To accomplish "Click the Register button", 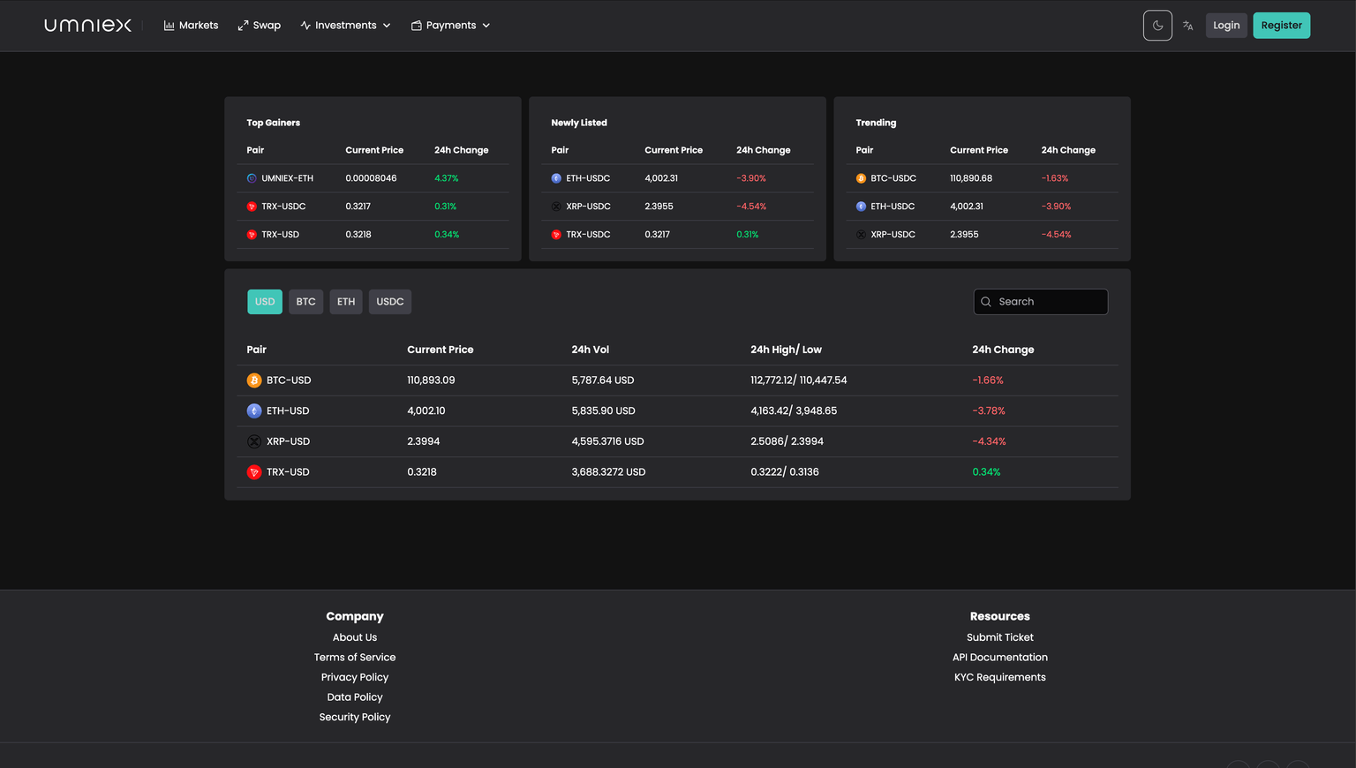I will [x=1281, y=26].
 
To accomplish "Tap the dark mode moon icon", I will [x=1157, y=26].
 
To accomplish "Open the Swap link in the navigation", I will [x=260, y=26].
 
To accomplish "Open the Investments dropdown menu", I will [x=345, y=26].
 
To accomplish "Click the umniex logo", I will [x=88, y=26].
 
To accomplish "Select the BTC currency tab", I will [x=305, y=302].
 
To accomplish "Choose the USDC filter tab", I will [x=389, y=302].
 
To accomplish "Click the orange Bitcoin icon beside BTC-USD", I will [x=254, y=380].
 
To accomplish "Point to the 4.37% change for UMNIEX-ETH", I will [x=446, y=178].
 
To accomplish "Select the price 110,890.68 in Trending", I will [x=970, y=178].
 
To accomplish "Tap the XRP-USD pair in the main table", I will [x=288, y=441].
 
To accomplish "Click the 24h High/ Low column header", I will [x=786, y=350].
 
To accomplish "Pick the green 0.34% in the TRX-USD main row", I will [x=986, y=472].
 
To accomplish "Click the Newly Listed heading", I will [x=579, y=123].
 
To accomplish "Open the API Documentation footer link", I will [x=999, y=658].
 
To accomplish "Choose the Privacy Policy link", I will [x=355, y=677].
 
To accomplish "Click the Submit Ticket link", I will [x=999, y=637].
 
